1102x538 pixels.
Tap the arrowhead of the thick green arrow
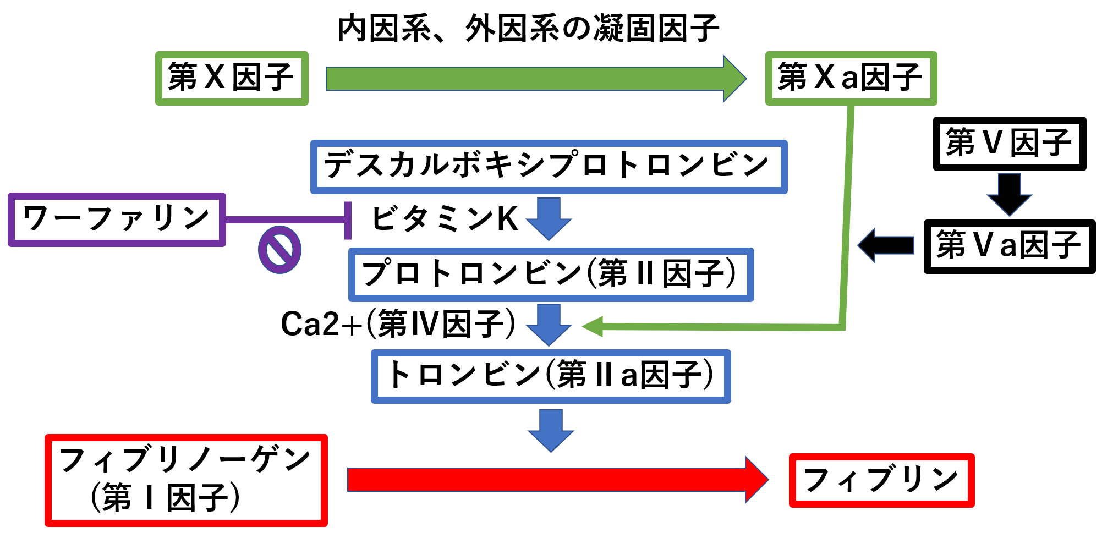click(735, 79)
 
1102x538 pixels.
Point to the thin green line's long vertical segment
click(847, 220)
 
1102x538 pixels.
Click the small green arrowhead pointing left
click(592, 327)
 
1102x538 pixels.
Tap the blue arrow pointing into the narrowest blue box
click(549, 325)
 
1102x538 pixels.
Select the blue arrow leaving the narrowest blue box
click(551, 431)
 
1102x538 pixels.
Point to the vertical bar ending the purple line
click(348, 220)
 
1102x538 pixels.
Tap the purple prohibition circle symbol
click(279, 250)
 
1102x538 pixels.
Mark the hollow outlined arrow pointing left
click(886, 245)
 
